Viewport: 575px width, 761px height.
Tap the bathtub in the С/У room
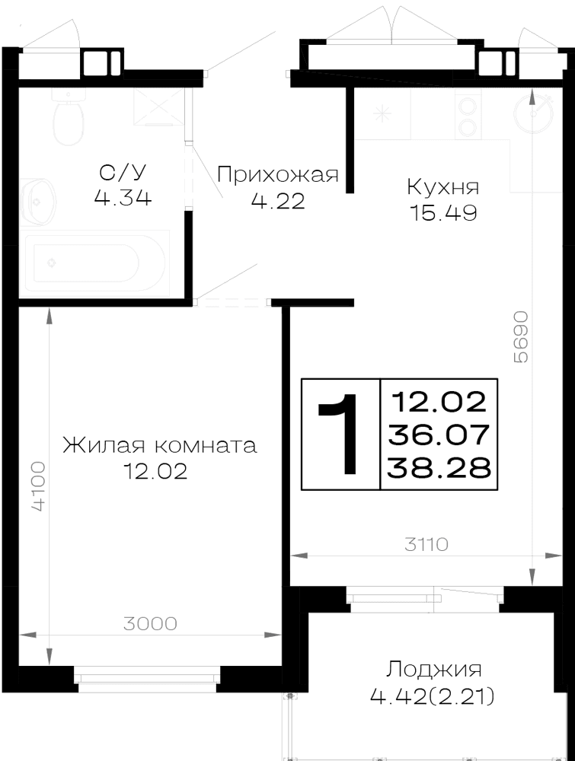coord(94,263)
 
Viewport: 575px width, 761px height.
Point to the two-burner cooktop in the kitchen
coord(468,115)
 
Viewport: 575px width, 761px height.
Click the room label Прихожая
coord(278,174)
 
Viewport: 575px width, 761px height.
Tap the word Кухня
coord(443,186)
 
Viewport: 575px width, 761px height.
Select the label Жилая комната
coord(159,445)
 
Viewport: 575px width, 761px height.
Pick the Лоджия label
coord(433,670)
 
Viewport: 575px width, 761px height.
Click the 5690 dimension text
coord(520,337)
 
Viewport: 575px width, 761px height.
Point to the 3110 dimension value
coord(426,545)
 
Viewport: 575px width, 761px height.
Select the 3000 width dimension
coord(150,623)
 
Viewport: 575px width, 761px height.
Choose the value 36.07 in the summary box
coord(439,435)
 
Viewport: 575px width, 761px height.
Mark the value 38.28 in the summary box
coord(439,468)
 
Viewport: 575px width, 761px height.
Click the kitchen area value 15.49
coord(443,212)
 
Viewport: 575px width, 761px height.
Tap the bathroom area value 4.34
coord(123,198)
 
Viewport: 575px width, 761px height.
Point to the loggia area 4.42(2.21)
coord(433,697)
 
